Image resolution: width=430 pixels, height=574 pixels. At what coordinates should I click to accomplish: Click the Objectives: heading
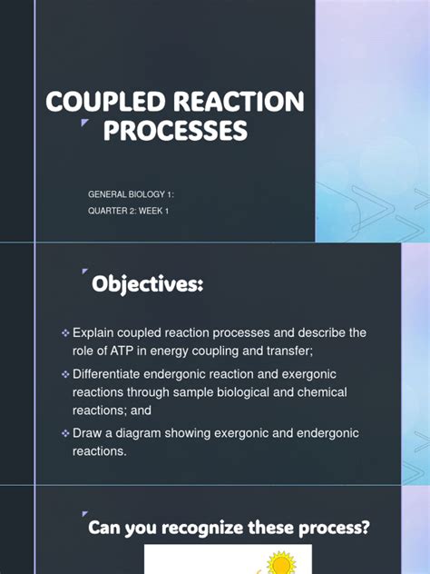[x=147, y=285]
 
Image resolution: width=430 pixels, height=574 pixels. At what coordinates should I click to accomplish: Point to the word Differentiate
[x=112, y=374]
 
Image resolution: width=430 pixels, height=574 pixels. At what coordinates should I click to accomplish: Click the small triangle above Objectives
[x=84, y=272]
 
